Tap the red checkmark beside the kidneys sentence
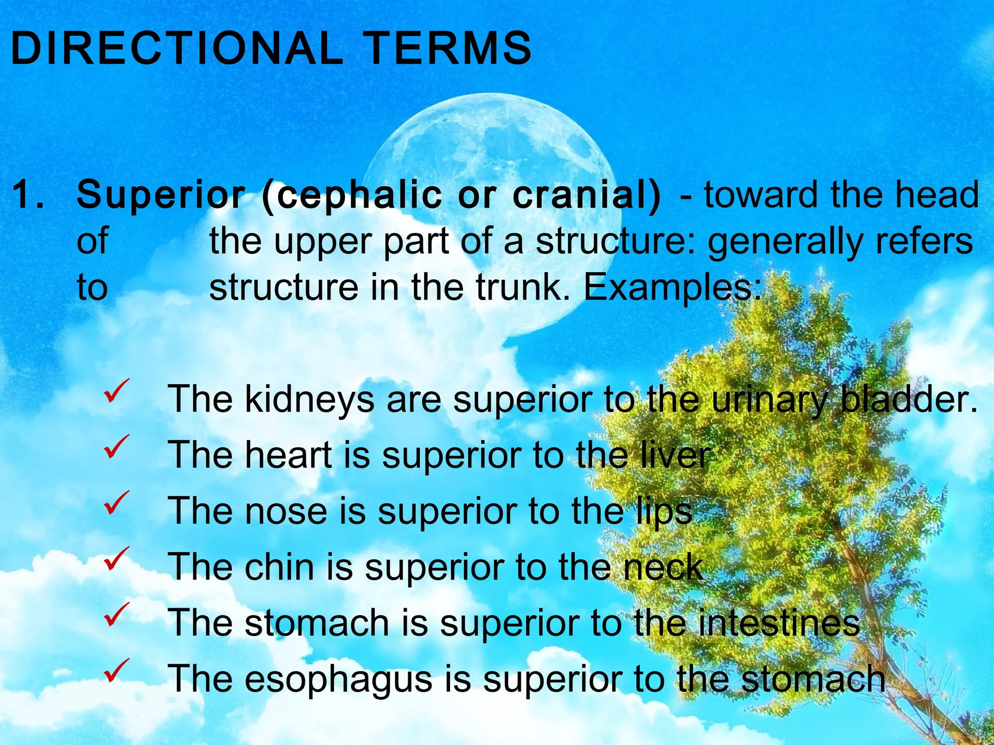116,391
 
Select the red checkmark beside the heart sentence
116,447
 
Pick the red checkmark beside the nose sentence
116,502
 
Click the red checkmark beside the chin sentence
116,558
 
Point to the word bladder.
908,399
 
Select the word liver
675,455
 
